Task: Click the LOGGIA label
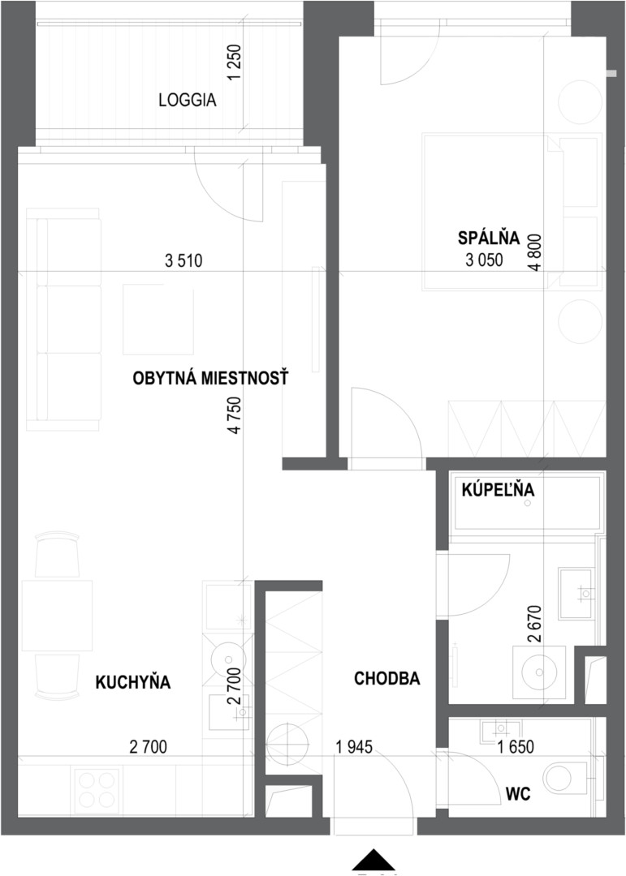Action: click(188, 101)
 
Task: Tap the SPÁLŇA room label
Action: click(489, 238)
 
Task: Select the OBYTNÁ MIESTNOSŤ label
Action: click(210, 378)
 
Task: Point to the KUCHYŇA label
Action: click(133, 682)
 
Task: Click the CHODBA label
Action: click(387, 678)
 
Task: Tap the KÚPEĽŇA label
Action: click(498, 490)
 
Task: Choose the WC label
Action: click(517, 794)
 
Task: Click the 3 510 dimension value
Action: click(183, 260)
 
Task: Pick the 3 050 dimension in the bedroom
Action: click(484, 260)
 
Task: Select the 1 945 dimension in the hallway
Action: click(354, 746)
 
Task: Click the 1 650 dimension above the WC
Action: click(516, 746)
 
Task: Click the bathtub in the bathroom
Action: click(527, 502)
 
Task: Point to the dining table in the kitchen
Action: click(57, 615)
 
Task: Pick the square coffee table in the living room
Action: click(158, 320)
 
